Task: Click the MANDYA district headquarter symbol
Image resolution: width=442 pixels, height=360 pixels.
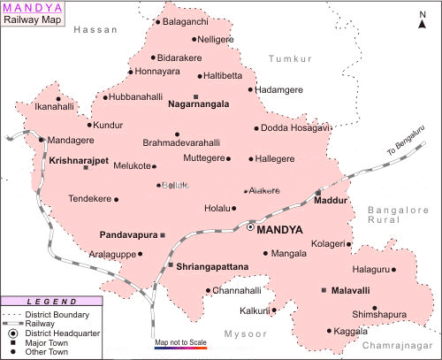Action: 251,227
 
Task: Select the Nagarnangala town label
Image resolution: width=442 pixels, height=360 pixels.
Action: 198,103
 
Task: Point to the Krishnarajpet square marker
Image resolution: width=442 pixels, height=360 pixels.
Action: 86,167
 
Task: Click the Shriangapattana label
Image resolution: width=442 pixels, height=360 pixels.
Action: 212,265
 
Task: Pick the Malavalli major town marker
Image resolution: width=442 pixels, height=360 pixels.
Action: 324,290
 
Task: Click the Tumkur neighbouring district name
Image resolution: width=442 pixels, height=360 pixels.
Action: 291,58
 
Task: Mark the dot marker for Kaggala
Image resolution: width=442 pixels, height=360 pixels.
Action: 331,331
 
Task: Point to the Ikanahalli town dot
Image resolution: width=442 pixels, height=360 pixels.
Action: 59,99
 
